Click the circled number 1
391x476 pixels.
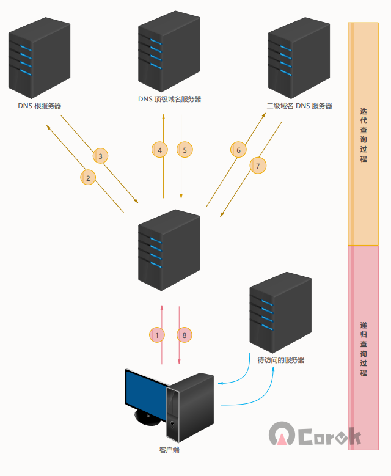click(x=157, y=335)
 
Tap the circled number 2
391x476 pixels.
click(x=89, y=177)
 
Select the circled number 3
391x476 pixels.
click(x=101, y=155)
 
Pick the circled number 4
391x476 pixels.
click(x=159, y=149)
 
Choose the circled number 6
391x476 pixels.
click(x=239, y=150)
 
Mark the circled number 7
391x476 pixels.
click(x=258, y=166)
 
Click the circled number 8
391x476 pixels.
click(x=184, y=335)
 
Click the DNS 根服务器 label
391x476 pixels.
click(x=40, y=106)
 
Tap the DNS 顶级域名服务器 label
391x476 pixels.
click(x=169, y=99)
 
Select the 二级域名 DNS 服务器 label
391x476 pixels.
click(x=299, y=106)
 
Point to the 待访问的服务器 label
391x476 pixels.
click(x=281, y=361)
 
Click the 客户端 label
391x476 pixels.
click(x=169, y=450)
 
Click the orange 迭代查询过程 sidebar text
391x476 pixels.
click(x=364, y=134)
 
